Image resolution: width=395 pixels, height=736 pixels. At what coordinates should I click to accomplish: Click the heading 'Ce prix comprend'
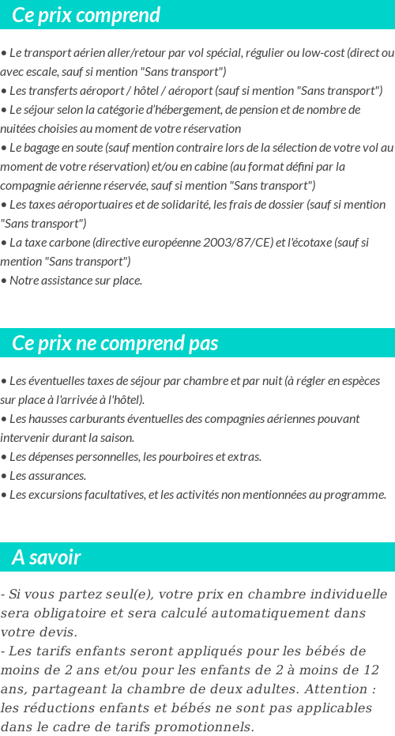[x=86, y=15]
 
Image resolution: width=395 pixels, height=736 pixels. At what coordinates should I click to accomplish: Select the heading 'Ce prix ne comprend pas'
[x=115, y=343]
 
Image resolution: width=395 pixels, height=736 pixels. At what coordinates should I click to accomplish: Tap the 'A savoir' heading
[x=47, y=557]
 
